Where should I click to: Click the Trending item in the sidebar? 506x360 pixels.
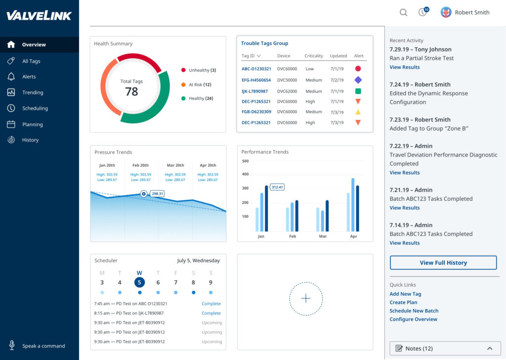tap(33, 92)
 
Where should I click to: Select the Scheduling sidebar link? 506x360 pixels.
tap(35, 108)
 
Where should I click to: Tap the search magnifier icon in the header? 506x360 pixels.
tap(403, 13)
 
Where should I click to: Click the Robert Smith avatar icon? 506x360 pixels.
tap(446, 12)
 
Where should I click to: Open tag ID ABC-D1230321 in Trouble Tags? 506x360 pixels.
tap(256, 69)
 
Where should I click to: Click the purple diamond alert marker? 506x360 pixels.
tap(358, 80)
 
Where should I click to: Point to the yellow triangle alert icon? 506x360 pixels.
tap(358, 112)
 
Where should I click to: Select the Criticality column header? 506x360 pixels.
tap(313, 56)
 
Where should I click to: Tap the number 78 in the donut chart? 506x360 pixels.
tap(131, 91)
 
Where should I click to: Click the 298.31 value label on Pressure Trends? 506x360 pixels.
tap(158, 194)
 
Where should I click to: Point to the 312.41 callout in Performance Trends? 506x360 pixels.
tap(277, 187)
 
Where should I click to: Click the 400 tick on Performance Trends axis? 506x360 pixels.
tap(245, 174)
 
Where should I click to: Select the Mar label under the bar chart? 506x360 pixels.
tap(323, 236)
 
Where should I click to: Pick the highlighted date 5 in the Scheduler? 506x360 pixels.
tap(139, 282)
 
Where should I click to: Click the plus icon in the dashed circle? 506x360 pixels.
tap(305, 298)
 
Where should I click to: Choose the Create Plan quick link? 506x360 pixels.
tap(403, 302)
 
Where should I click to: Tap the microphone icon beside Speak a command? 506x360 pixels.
tap(11, 346)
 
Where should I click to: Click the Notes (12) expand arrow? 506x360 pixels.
tap(489, 348)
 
